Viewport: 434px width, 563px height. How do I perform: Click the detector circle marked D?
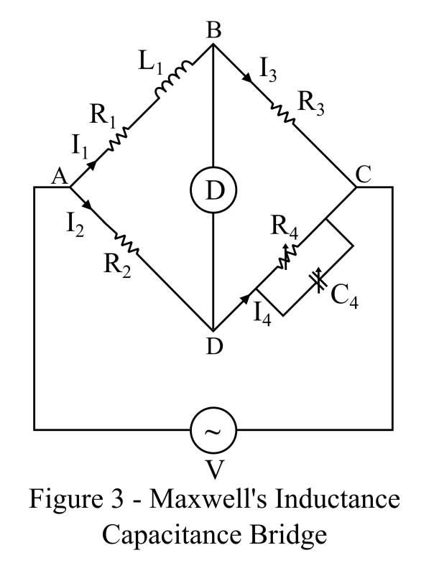213,192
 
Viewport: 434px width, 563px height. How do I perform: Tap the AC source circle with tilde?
213,431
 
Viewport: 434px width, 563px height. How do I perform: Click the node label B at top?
213,31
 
